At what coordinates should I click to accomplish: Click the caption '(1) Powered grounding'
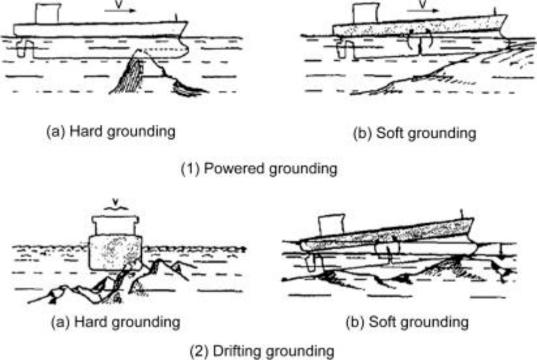[259, 169]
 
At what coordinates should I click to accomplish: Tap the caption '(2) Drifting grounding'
[262, 351]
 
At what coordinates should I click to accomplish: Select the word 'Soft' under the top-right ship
[390, 133]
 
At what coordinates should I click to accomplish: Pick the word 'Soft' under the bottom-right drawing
[382, 322]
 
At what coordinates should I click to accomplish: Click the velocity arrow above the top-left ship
[120, 11]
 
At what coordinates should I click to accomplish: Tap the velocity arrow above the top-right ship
[423, 11]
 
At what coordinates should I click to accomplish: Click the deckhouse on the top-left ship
[48, 14]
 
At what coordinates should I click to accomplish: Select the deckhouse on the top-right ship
[366, 14]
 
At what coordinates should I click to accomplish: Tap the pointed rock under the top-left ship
[141, 71]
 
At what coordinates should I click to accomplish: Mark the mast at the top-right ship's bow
[494, 11]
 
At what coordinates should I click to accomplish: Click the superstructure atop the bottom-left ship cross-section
[116, 225]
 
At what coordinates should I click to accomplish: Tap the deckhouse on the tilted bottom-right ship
[331, 225]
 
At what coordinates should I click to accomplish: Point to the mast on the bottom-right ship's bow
[462, 213]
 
